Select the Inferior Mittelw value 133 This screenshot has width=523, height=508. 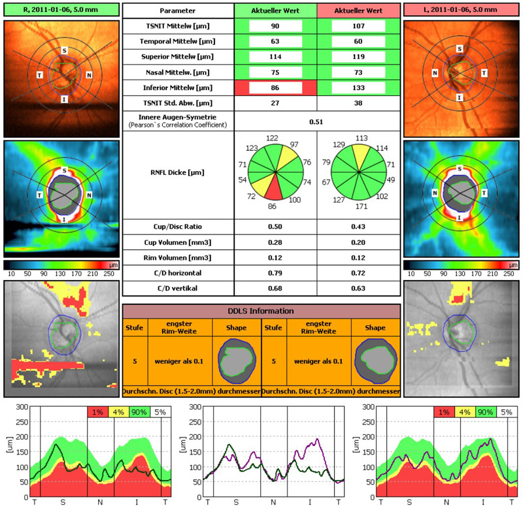point(358,87)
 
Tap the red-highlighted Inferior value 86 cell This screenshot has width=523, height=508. point(275,87)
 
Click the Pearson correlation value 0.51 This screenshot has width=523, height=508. point(316,121)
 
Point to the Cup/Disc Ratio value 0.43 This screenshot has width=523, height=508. point(358,226)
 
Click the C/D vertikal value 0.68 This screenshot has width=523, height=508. point(275,289)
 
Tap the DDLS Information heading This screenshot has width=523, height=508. point(261,311)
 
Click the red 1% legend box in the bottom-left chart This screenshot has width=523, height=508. point(97,412)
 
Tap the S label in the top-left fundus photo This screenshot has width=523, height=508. point(64,50)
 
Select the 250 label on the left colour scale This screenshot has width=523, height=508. point(109,274)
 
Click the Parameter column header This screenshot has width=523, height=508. point(178,11)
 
